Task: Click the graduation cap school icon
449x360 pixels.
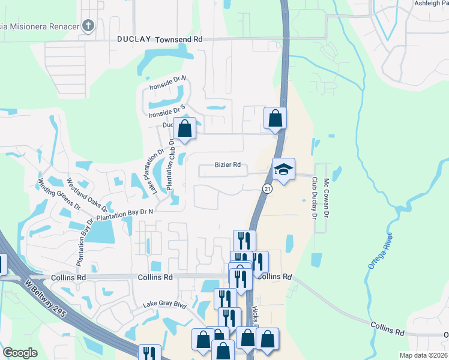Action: click(283, 169)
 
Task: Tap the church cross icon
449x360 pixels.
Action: click(88, 25)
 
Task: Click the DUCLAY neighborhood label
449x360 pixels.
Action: click(134, 39)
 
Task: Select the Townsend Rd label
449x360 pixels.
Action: click(179, 39)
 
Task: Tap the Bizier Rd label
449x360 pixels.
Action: click(228, 165)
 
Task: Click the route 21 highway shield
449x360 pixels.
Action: click(267, 188)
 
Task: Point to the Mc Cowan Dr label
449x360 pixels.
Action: click(327, 197)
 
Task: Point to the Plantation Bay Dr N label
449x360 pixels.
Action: click(125, 212)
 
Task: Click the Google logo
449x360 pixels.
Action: click(20, 353)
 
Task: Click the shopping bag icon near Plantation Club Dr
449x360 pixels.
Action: click(184, 129)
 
